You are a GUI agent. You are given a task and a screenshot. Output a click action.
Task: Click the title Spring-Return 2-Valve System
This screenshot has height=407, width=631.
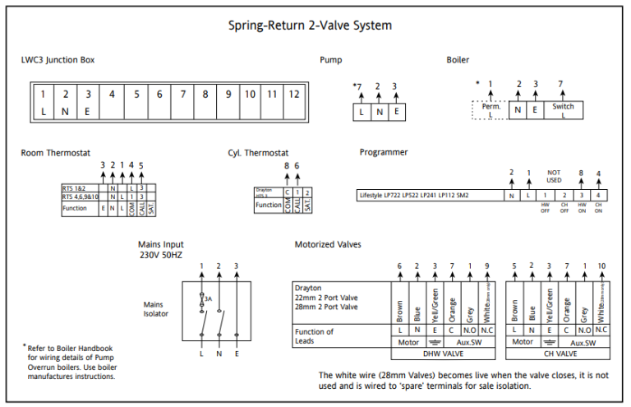tap(310, 25)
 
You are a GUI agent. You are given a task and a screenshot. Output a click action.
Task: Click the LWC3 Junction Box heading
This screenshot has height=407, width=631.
tap(58, 60)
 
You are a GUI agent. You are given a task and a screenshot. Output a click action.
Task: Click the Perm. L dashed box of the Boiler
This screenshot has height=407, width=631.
tap(491, 110)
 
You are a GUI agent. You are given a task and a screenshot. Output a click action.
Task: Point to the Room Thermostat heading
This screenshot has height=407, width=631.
tap(56, 153)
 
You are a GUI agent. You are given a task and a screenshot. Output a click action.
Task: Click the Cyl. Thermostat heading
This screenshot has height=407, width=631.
tap(258, 153)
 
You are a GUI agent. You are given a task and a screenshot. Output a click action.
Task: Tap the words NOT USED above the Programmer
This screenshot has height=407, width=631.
tap(553, 176)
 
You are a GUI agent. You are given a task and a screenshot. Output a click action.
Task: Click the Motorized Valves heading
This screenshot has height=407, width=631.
tap(327, 245)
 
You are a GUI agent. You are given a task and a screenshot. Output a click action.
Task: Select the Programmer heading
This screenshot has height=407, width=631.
tap(384, 153)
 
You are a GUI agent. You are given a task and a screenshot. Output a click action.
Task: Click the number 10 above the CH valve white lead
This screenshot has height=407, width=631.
tap(601, 266)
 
